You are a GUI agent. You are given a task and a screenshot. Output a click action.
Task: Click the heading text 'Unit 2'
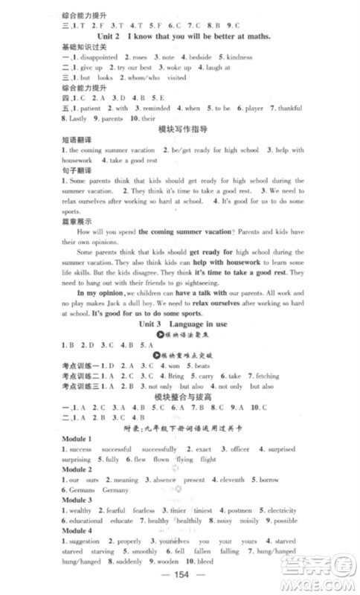112,36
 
